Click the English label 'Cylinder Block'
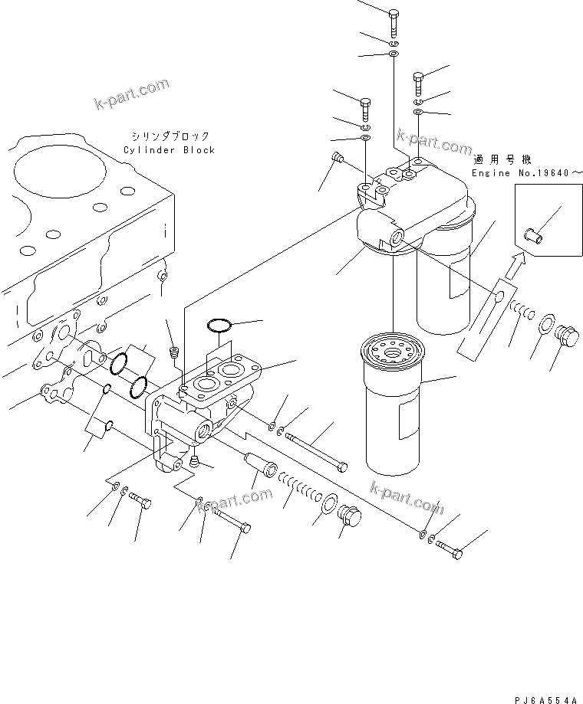point(169,150)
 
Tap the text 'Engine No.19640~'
point(521,174)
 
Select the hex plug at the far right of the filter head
point(568,336)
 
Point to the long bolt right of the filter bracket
point(316,450)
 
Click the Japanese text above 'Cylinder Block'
point(169,136)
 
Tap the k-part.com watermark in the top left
point(131,95)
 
